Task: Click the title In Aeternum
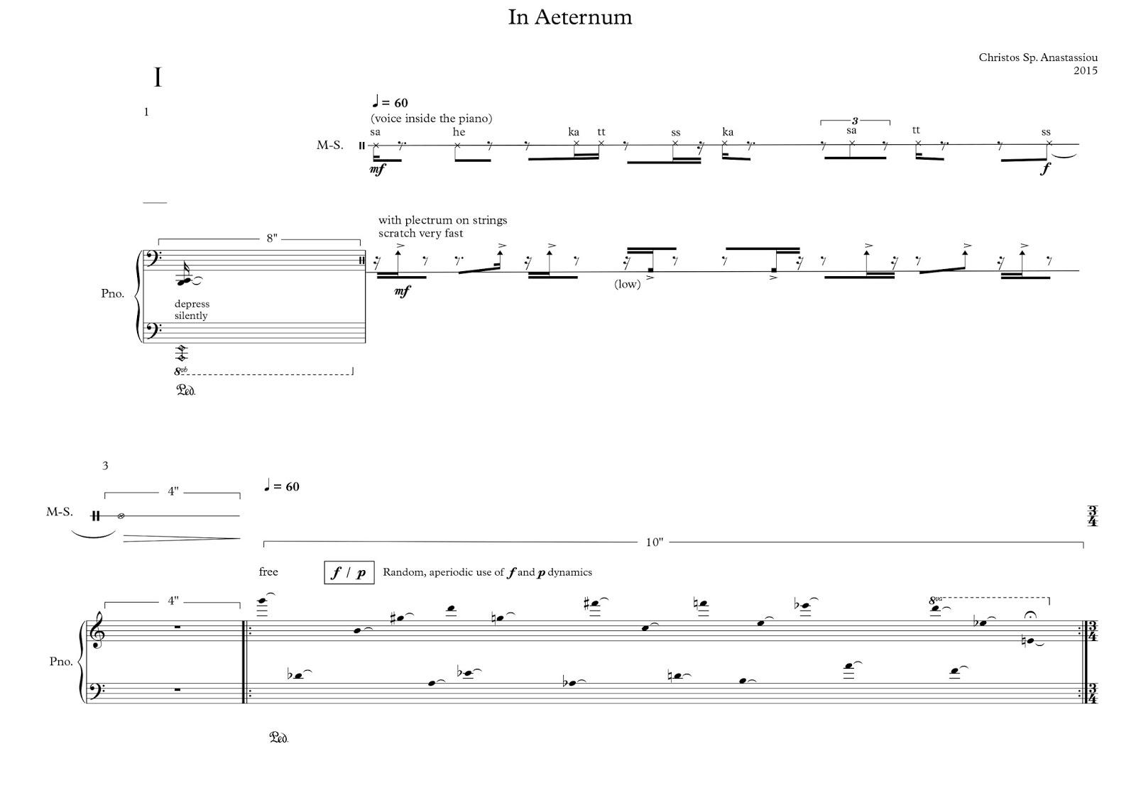point(569,18)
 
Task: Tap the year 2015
point(1085,70)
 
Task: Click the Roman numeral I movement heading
point(158,77)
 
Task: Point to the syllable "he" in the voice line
point(459,132)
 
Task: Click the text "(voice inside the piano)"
point(431,118)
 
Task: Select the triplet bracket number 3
point(855,121)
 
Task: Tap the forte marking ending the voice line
point(1045,170)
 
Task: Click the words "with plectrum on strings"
point(442,220)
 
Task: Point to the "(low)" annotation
point(628,285)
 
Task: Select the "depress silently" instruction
point(192,310)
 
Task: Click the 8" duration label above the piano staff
point(272,239)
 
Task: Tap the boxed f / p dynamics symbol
point(349,572)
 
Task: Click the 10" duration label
point(655,543)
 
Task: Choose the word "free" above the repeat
point(268,572)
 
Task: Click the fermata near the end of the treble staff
point(1030,615)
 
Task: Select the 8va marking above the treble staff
point(936,601)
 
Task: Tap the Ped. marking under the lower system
point(278,738)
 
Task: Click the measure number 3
point(105,466)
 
